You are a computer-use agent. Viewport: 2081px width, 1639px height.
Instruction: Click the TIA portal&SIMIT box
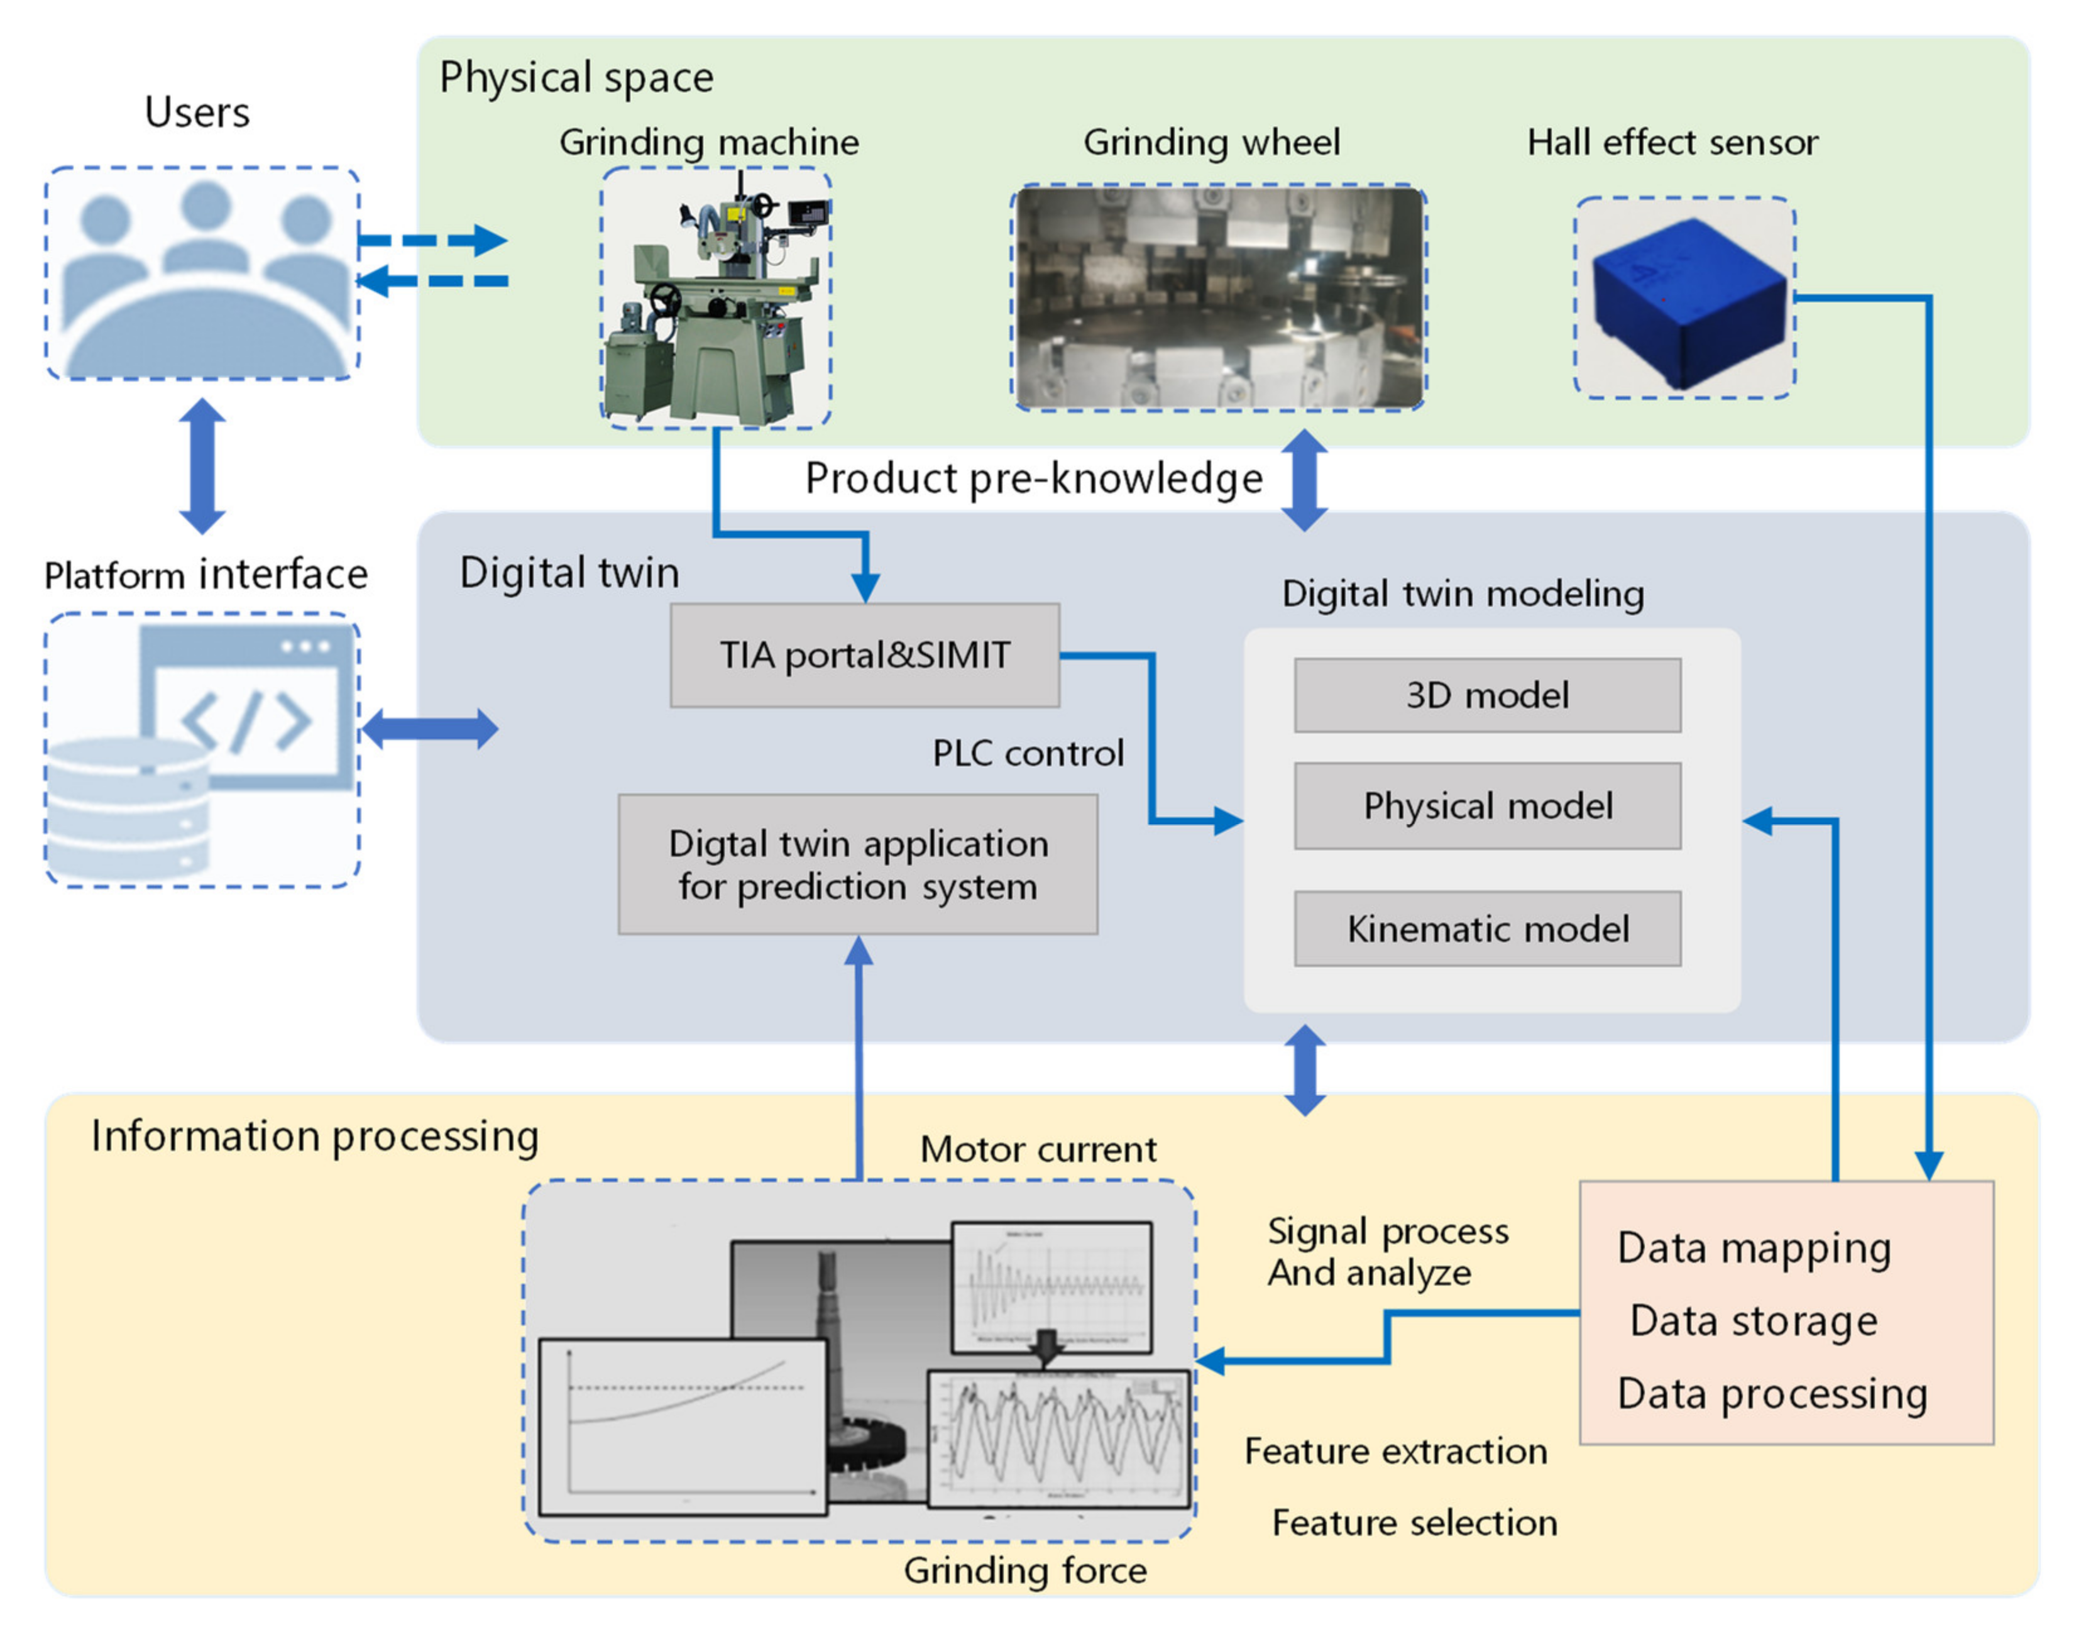(x=864, y=655)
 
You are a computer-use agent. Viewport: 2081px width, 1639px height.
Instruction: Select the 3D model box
(x=1487, y=695)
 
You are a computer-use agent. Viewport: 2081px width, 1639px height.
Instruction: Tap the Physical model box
(x=1487, y=806)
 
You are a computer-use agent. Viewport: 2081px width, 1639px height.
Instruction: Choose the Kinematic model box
(x=1487, y=929)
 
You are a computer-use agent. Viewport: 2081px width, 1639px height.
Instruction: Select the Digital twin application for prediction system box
(x=858, y=864)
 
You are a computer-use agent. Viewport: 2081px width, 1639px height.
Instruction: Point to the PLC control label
(x=1028, y=753)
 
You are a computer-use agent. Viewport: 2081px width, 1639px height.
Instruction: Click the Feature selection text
(x=1414, y=1523)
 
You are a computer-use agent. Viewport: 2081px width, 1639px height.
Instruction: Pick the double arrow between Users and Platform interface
(x=202, y=466)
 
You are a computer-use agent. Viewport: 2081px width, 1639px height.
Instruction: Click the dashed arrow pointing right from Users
(x=432, y=240)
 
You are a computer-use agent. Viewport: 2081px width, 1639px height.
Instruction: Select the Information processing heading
(x=315, y=1136)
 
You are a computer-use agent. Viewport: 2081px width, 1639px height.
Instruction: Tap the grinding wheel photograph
(x=1219, y=297)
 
